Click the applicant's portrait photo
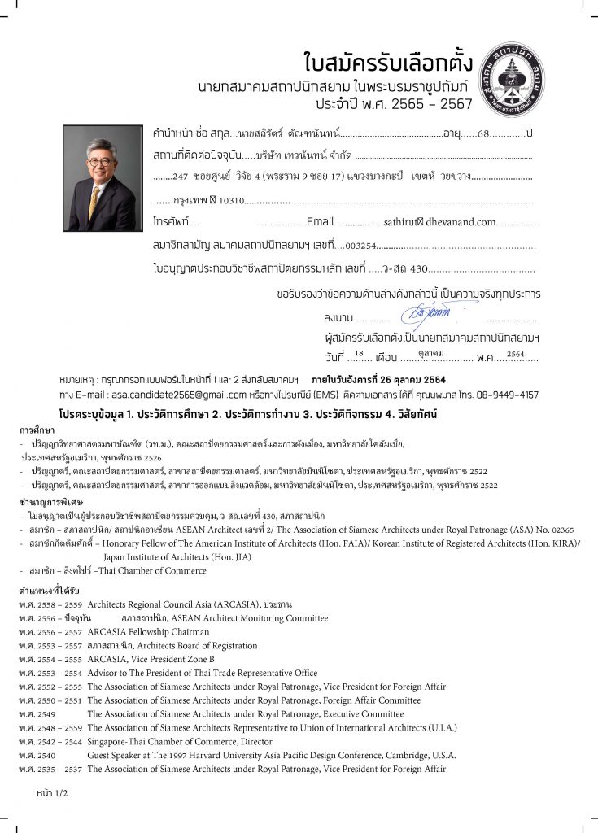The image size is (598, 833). tap(102, 178)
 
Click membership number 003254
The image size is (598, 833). tap(360, 244)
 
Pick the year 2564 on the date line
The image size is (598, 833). tap(516, 354)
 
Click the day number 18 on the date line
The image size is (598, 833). tap(359, 354)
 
